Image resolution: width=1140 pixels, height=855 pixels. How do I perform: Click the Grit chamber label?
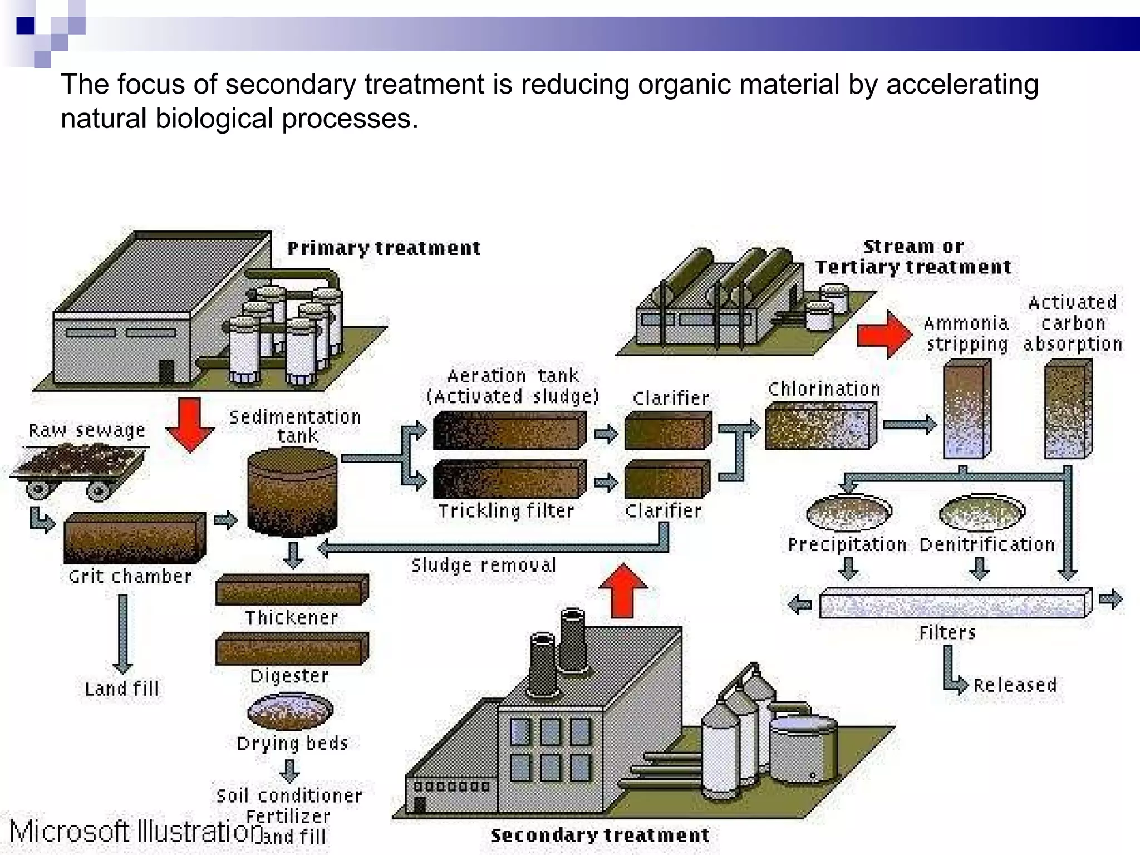[130, 576]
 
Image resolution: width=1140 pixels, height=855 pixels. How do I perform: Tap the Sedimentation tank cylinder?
[292, 492]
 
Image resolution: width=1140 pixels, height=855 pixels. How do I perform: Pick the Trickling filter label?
[505, 510]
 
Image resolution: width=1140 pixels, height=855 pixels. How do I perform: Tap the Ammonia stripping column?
[967, 409]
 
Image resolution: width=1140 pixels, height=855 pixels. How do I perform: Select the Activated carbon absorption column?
[1068, 409]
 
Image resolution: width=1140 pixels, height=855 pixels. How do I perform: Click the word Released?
[1015, 685]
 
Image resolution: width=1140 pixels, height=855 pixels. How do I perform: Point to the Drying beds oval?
[290, 711]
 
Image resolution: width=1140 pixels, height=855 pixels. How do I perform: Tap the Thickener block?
[292, 589]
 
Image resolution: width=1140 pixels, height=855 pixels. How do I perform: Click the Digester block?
[292, 648]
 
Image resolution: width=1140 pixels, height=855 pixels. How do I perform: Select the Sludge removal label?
[483, 566]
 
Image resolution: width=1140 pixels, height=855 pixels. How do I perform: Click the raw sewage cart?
[78, 468]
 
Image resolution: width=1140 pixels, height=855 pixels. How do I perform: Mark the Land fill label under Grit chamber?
[121, 689]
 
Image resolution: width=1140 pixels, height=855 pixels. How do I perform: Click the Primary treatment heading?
[384, 248]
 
